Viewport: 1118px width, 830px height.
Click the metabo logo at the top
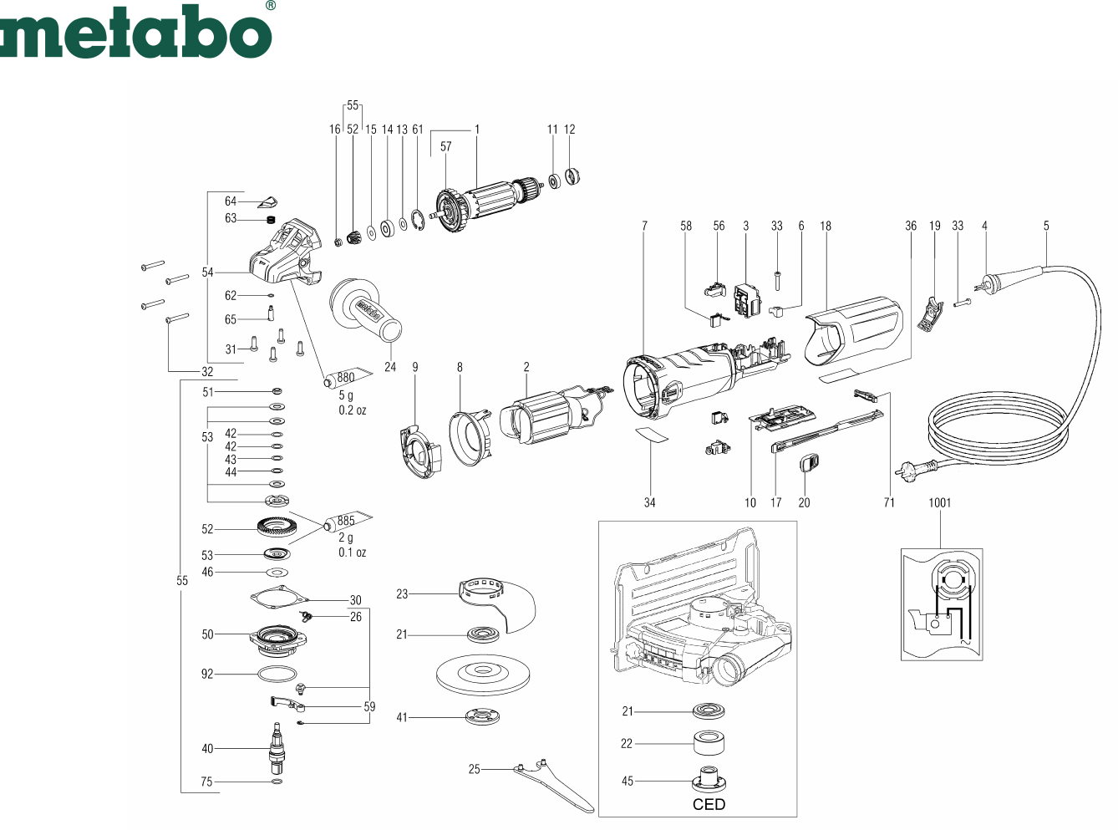pyautogui.click(x=137, y=30)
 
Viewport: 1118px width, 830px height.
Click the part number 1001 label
pyautogui.click(x=939, y=502)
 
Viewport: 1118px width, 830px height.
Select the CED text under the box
pyautogui.click(x=709, y=804)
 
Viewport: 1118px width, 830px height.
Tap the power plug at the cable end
pyautogui.click(x=915, y=469)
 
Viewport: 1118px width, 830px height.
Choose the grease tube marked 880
pyautogui.click(x=348, y=378)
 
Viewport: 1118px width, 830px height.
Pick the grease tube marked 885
pyautogui.click(x=348, y=521)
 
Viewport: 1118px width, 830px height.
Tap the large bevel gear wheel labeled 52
pyautogui.click(x=277, y=529)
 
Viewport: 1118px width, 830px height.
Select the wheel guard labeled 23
pyautogui.click(x=497, y=604)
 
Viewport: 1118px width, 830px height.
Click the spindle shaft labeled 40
pyautogui.click(x=277, y=747)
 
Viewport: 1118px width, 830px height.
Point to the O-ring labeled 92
pyautogui.click(x=277, y=674)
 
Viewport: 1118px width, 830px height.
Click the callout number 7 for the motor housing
pyautogui.click(x=644, y=226)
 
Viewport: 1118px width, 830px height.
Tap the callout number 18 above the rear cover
pyautogui.click(x=826, y=226)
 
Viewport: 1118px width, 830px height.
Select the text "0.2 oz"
pyautogui.click(x=352, y=410)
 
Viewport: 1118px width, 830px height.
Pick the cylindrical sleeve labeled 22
pyautogui.click(x=709, y=743)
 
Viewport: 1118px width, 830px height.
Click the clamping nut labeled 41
pyautogui.click(x=483, y=716)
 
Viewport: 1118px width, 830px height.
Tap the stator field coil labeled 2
pyautogui.click(x=556, y=416)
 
